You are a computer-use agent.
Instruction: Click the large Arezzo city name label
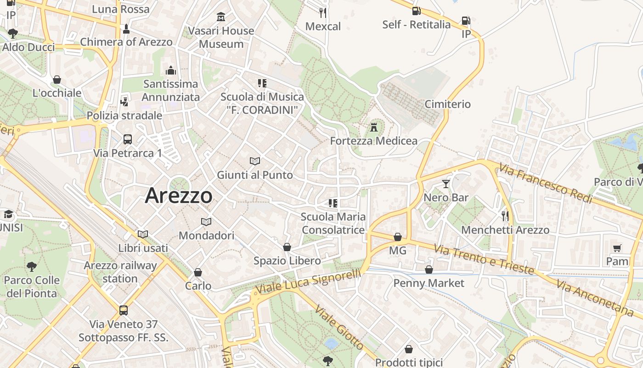[179, 196]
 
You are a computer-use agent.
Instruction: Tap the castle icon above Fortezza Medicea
[374, 127]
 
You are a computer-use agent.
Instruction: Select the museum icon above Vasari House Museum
[221, 17]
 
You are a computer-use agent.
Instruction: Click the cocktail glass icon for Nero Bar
[446, 184]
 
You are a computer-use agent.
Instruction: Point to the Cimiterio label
[447, 104]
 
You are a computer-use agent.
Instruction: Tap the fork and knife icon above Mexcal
[323, 12]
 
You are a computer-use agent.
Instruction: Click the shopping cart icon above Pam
[617, 248]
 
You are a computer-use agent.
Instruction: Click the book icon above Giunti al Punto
[255, 161]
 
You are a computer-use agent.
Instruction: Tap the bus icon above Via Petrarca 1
[128, 139]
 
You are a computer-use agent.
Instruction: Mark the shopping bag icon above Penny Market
[429, 270]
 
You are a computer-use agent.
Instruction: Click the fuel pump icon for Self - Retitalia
[416, 11]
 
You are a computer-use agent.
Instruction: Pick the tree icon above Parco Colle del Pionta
[31, 266]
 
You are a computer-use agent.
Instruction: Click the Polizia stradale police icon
[124, 102]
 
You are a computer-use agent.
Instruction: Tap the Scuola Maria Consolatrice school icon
[333, 203]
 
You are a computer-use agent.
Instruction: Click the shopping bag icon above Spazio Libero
[287, 247]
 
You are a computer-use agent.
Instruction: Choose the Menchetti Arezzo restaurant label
[505, 230]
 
